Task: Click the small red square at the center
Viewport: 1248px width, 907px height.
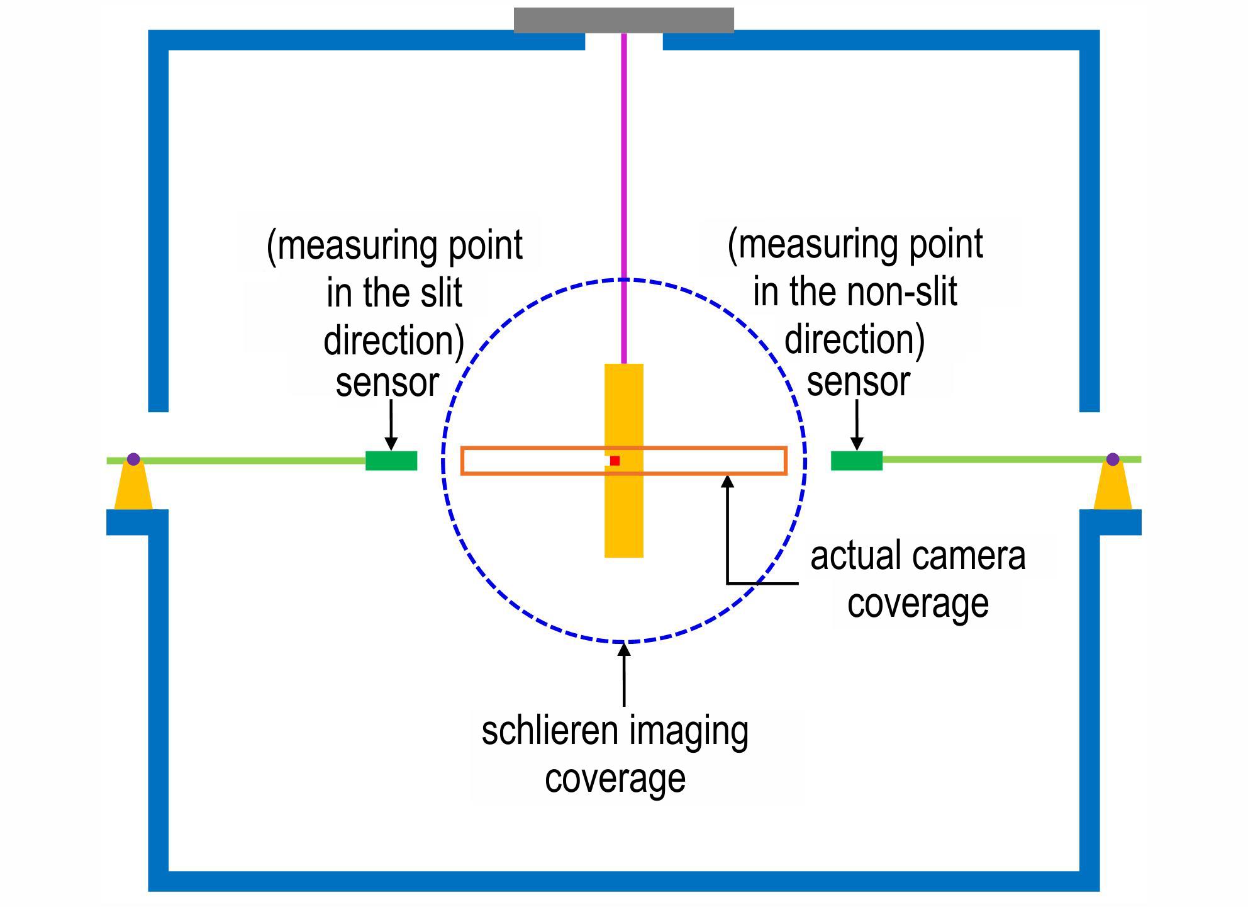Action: coord(615,461)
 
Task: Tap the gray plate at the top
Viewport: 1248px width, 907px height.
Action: coord(623,20)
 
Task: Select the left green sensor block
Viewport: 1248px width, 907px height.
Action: coord(391,461)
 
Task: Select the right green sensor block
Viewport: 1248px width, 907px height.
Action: coord(857,461)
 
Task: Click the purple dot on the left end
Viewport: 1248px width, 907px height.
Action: coord(133,459)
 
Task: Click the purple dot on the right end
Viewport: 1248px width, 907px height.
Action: coord(1112,459)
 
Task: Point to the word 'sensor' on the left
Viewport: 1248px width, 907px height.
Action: coord(387,383)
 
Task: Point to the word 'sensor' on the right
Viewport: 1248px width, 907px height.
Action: coord(858,382)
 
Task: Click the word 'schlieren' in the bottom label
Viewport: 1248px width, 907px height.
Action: coord(549,731)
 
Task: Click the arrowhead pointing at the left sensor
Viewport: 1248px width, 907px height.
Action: coord(391,444)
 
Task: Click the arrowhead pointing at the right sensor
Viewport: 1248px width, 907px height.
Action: coord(856,444)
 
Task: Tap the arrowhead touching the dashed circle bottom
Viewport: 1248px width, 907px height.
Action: coord(623,649)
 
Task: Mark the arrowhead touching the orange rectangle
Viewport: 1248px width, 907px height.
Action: coord(727,482)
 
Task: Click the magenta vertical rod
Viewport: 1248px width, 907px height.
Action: coord(623,198)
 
